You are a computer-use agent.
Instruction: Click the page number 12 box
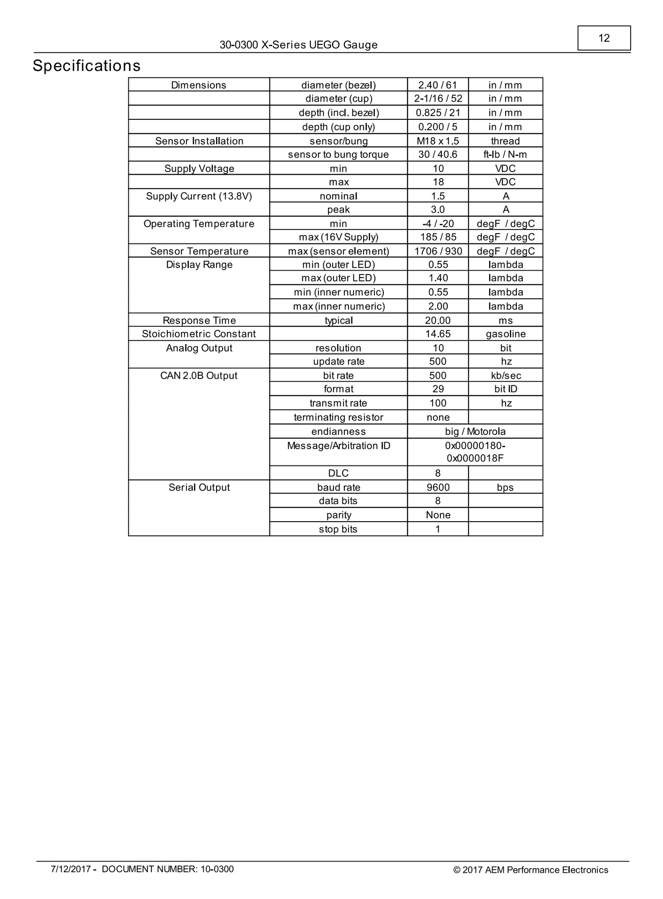tap(603, 38)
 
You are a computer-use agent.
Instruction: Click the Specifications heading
tap(87, 66)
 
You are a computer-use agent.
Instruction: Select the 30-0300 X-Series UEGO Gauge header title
tap(298, 45)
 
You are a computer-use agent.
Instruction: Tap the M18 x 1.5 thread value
tap(438, 141)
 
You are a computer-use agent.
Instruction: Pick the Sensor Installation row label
tap(199, 141)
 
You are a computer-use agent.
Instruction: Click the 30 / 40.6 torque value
tap(438, 155)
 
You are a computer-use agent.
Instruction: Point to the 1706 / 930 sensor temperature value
tap(438, 251)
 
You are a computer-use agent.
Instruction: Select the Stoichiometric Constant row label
tap(199, 334)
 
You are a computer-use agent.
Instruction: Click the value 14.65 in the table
tap(438, 334)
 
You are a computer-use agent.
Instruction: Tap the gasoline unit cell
tap(506, 334)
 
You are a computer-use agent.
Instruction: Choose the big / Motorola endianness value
tap(475, 431)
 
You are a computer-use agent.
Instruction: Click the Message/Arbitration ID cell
tap(338, 446)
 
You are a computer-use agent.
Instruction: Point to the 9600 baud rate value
tap(438, 487)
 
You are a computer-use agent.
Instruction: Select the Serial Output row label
tap(199, 487)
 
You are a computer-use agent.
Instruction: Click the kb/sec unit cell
tap(506, 376)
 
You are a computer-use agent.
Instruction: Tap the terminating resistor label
tap(338, 417)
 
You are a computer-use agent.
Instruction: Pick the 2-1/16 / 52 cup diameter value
tap(438, 98)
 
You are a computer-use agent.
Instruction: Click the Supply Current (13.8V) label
tap(199, 196)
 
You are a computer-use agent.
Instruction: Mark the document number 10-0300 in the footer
tap(167, 870)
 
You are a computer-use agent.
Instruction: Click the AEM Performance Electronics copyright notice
tap(530, 870)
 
